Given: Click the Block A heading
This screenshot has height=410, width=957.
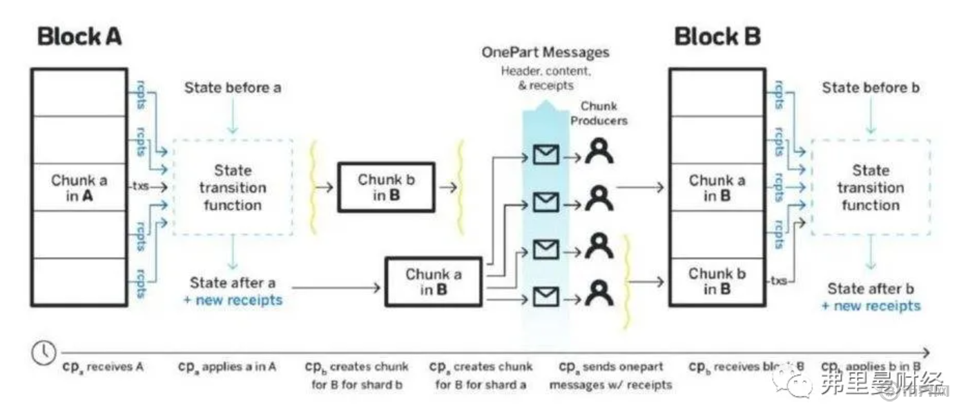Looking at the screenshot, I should pos(79,37).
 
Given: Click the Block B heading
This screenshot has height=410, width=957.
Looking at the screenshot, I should pos(717,37).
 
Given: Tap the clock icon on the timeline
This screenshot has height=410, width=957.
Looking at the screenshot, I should pos(43,352).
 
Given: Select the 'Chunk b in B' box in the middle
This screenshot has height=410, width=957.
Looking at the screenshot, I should pos(386,187).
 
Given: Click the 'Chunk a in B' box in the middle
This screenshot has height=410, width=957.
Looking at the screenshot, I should pos(434,282).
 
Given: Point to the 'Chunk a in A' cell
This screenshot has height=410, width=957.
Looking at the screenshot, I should pos(79,187).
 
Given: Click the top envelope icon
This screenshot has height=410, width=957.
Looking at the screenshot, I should pos(545,155).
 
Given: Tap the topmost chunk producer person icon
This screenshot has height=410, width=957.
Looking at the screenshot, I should pos(599,152).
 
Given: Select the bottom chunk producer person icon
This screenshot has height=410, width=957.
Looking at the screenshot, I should pos(599,293).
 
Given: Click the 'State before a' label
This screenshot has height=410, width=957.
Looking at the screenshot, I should pos(233,88).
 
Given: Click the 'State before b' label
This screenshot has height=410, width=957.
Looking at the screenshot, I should pos(871,88).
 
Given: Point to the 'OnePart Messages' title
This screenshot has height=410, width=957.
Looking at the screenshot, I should pos(545,52).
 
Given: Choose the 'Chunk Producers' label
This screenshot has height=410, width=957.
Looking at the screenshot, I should pos(603,114).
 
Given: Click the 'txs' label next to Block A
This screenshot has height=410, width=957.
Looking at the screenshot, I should pos(140,186).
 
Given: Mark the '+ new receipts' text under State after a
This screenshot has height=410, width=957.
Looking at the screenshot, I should pos(233,300).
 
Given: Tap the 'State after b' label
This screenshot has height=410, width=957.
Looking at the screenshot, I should pos(871,289).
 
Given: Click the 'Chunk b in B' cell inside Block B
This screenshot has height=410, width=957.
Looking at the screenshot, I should pos(717,281).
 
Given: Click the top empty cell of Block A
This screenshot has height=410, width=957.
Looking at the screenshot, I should pos(79,92).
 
